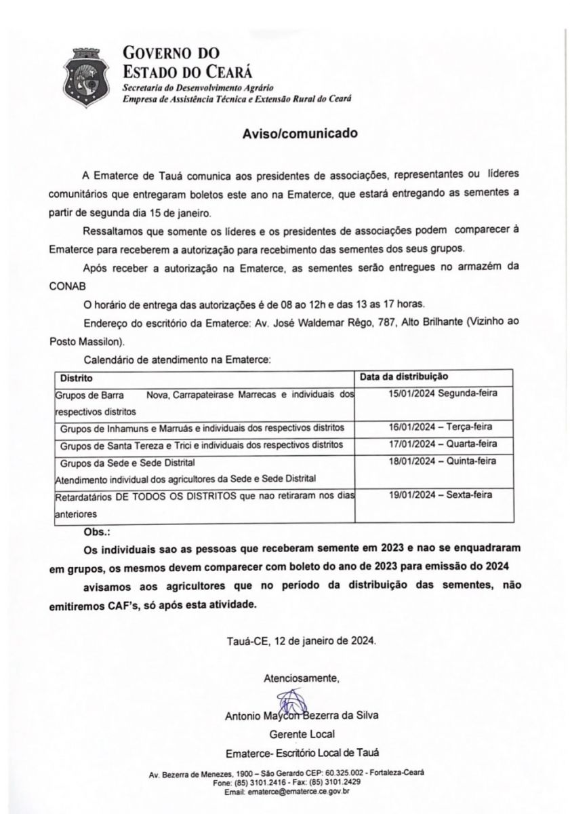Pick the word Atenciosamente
(301, 678)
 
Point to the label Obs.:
(96, 531)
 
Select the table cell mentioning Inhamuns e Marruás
(202, 427)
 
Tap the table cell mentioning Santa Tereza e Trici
(202, 444)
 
